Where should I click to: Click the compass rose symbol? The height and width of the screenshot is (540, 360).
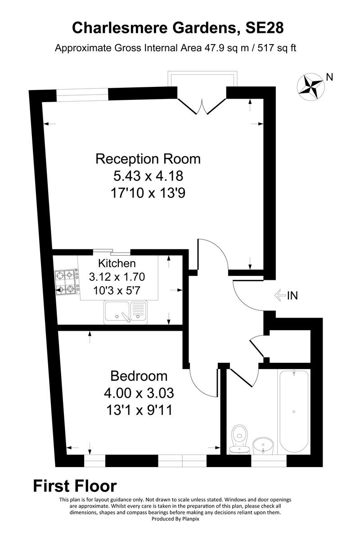pyautogui.click(x=310, y=86)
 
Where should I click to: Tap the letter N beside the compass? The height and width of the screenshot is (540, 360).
pyautogui.click(x=329, y=77)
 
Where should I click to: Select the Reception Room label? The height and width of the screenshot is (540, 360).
pyautogui.click(x=148, y=159)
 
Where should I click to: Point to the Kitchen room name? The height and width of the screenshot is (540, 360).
pyautogui.click(x=117, y=263)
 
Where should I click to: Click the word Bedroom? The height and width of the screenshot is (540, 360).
pyautogui.click(x=139, y=376)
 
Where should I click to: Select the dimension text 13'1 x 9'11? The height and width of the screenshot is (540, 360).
pyautogui.click(x=139, y=410)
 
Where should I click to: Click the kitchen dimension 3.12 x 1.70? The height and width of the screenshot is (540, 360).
pyautogui.click(x=117, y=276)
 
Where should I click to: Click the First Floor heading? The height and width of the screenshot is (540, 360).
pyautogui.click(x=75, y=486)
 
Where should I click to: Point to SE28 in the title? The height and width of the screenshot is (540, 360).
pyautogui.click(x=264, y=28)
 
